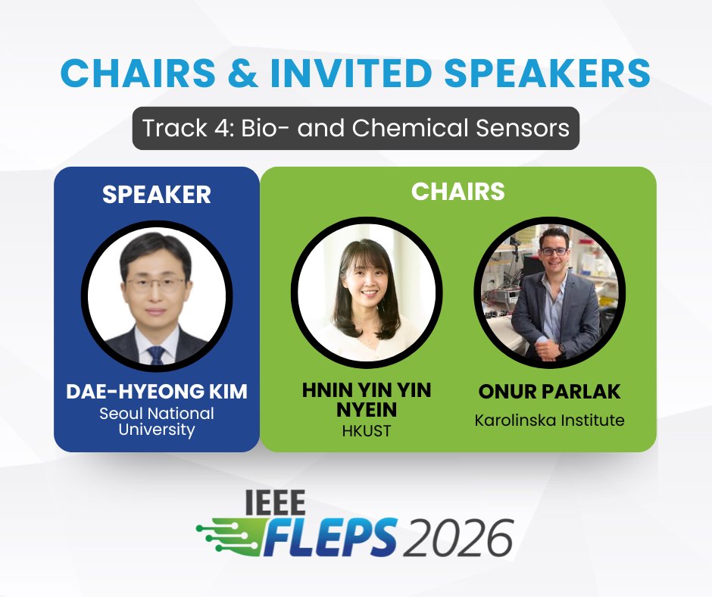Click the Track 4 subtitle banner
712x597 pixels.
coord(356,127)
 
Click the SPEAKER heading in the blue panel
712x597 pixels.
coord(157,195)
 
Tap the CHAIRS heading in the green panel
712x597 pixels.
coord(457,192)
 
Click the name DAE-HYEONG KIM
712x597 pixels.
coord(157,392)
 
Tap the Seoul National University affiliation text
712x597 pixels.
coord(157,422)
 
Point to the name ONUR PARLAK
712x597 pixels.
coord(549,392)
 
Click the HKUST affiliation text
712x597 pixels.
coord(367,431)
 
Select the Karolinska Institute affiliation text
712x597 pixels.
coord(549,420)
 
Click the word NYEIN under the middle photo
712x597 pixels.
coord(367,411)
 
